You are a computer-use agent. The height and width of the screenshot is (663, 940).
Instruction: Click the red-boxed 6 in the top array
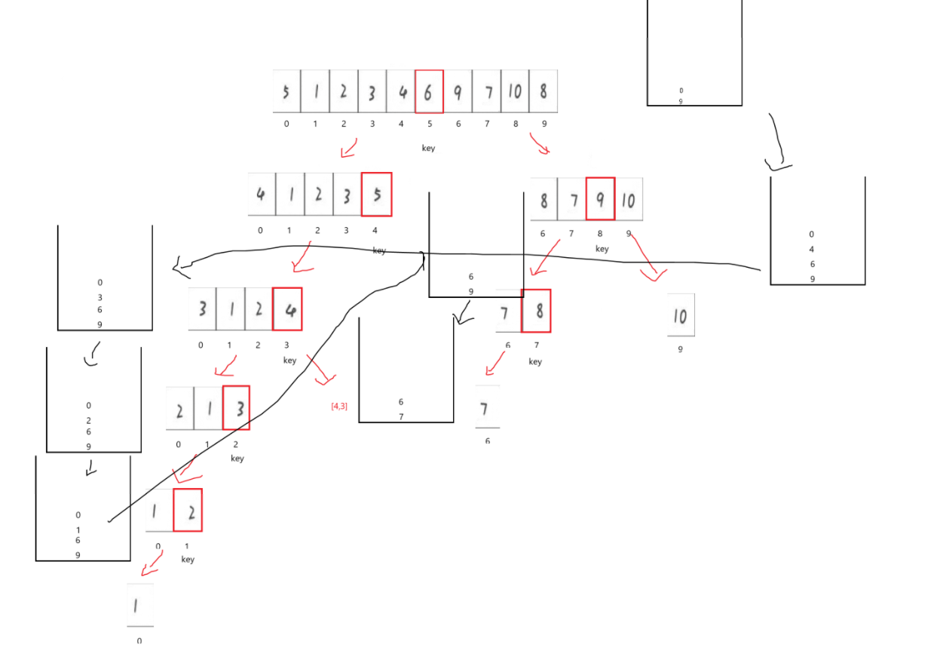pos(428,91)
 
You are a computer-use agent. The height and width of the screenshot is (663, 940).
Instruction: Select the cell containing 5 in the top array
pos(286,91)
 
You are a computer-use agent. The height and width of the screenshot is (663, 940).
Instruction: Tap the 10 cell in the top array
pos(514,91)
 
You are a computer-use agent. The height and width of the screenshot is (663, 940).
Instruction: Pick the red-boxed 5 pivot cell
pos(377,195)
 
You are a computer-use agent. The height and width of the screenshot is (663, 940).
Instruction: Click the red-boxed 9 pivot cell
pos(600,199)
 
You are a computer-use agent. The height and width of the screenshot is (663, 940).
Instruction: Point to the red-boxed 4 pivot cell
pos(287,309)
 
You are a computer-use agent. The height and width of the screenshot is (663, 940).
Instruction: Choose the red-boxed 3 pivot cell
pos(236,408)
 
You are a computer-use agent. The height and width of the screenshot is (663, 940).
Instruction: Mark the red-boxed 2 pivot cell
pos(188,510)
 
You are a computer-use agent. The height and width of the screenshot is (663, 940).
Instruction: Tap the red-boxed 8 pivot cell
pos(536,311)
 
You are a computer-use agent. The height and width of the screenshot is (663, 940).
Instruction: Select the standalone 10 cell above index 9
pos(680,315)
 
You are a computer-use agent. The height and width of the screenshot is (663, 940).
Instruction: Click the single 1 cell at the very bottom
pos(140,605)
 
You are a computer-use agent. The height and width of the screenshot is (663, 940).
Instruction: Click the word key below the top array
pos(428,149)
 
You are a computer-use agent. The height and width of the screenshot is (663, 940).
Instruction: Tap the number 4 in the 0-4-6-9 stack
pos(812,250)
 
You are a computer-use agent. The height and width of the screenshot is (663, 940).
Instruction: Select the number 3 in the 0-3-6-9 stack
pos(100,297)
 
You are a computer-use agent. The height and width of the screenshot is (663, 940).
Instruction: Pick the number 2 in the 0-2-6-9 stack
pos(88,420)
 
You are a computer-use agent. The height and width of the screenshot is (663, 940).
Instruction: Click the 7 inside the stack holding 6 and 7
pos(401,416)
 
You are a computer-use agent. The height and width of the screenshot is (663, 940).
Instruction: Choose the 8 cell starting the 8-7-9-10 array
pos(543,200)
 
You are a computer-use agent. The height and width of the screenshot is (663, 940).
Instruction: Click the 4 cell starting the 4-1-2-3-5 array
pos(261,195)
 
